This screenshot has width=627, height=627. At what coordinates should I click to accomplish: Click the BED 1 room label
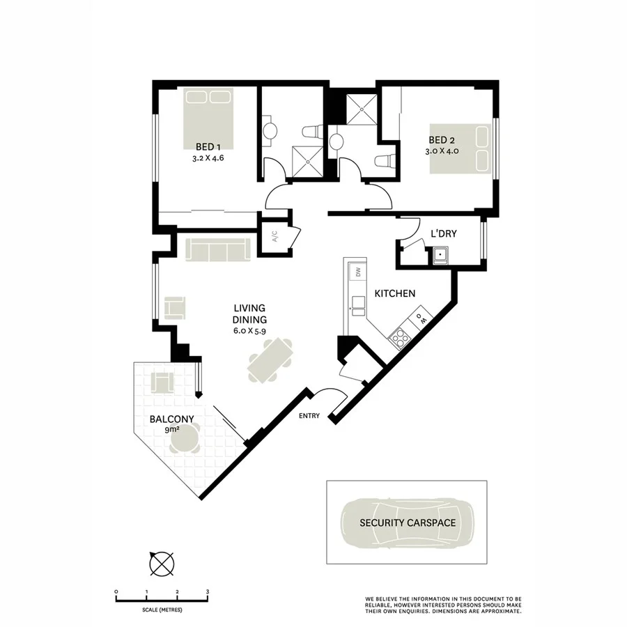point(208,147)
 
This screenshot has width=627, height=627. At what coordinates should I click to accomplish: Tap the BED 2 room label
point(442,139)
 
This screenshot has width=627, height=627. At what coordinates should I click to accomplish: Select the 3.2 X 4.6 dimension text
point(208,158)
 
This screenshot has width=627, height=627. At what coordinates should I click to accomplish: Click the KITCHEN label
point(395,294)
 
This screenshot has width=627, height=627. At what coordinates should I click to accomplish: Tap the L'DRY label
point(444,234)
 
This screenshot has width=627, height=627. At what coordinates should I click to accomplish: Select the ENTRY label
point(309,416)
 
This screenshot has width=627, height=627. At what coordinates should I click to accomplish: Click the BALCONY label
point(171,419)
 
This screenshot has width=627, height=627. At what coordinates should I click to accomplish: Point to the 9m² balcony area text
point(172,431)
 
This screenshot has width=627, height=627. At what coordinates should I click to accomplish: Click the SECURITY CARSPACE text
point(408,522)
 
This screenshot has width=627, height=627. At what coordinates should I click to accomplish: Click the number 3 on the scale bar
point(208,591)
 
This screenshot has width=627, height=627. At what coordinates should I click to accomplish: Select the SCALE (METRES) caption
point(162,610)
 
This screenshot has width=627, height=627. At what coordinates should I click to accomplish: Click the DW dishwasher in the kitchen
point(357,272)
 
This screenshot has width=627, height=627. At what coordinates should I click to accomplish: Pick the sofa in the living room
point(218,249)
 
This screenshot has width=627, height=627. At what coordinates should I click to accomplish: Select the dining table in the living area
point(270,359)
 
